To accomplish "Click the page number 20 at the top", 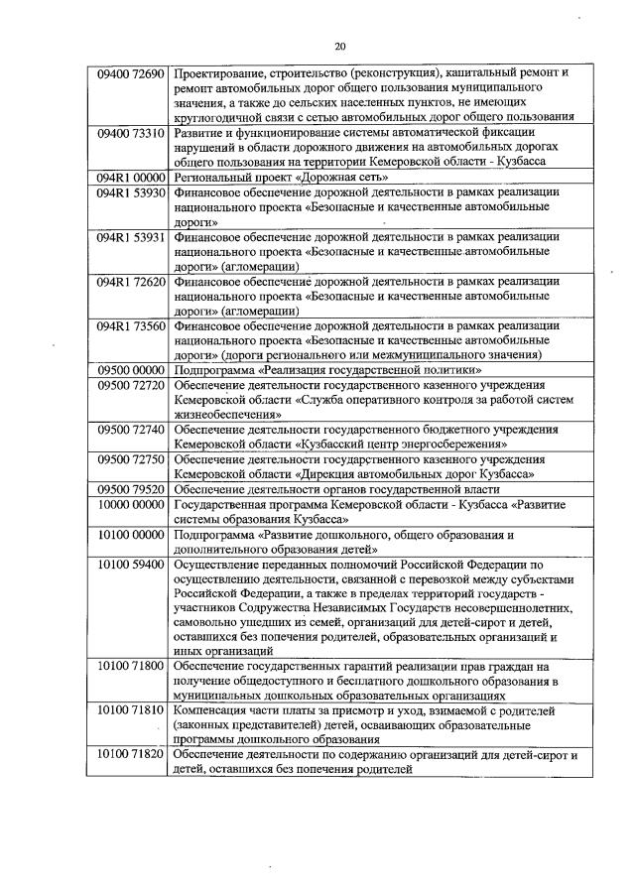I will pos(340,47).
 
